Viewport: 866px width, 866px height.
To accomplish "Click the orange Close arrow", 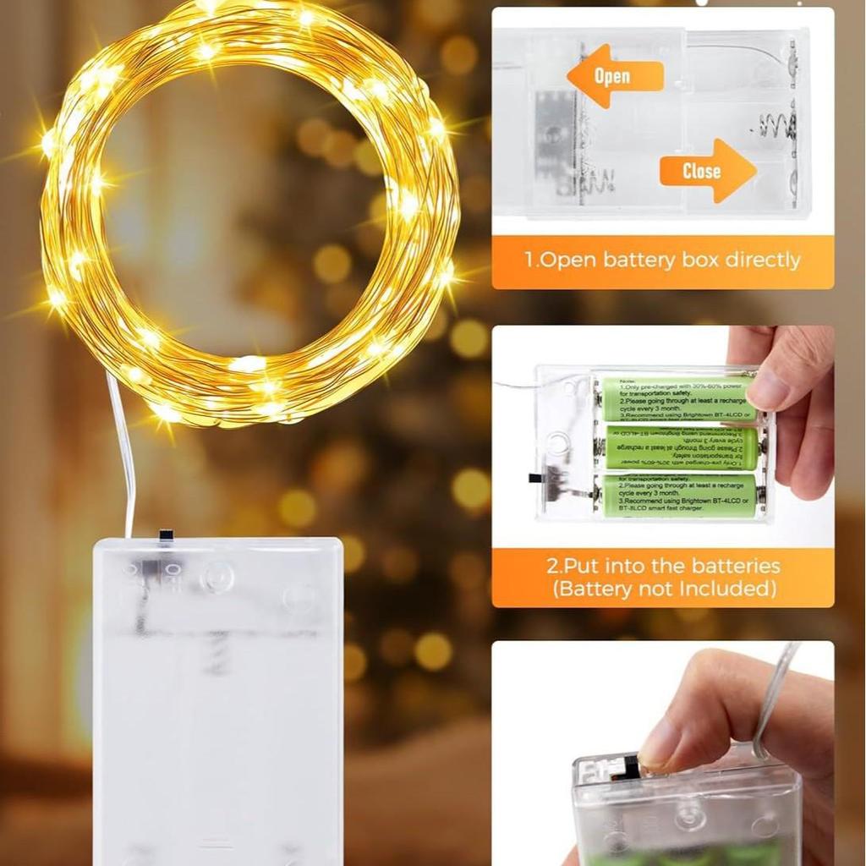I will pos(707,171).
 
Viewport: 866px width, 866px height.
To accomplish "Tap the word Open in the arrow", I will pos(612,76).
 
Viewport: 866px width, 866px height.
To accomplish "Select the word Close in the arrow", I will pos(702,171).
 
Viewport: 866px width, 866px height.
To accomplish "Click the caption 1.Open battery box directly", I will pos(662,260).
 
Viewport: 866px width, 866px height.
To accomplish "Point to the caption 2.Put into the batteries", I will pos(662,567).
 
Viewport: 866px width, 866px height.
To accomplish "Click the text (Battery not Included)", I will pos(663,589).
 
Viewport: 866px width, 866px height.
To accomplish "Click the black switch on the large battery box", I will pos(166,535).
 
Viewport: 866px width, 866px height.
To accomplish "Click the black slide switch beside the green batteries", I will pos(536,479).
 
